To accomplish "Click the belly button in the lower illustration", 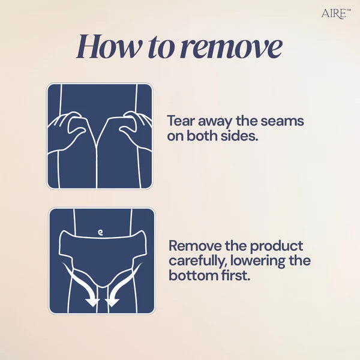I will click(x=100, y=229).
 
